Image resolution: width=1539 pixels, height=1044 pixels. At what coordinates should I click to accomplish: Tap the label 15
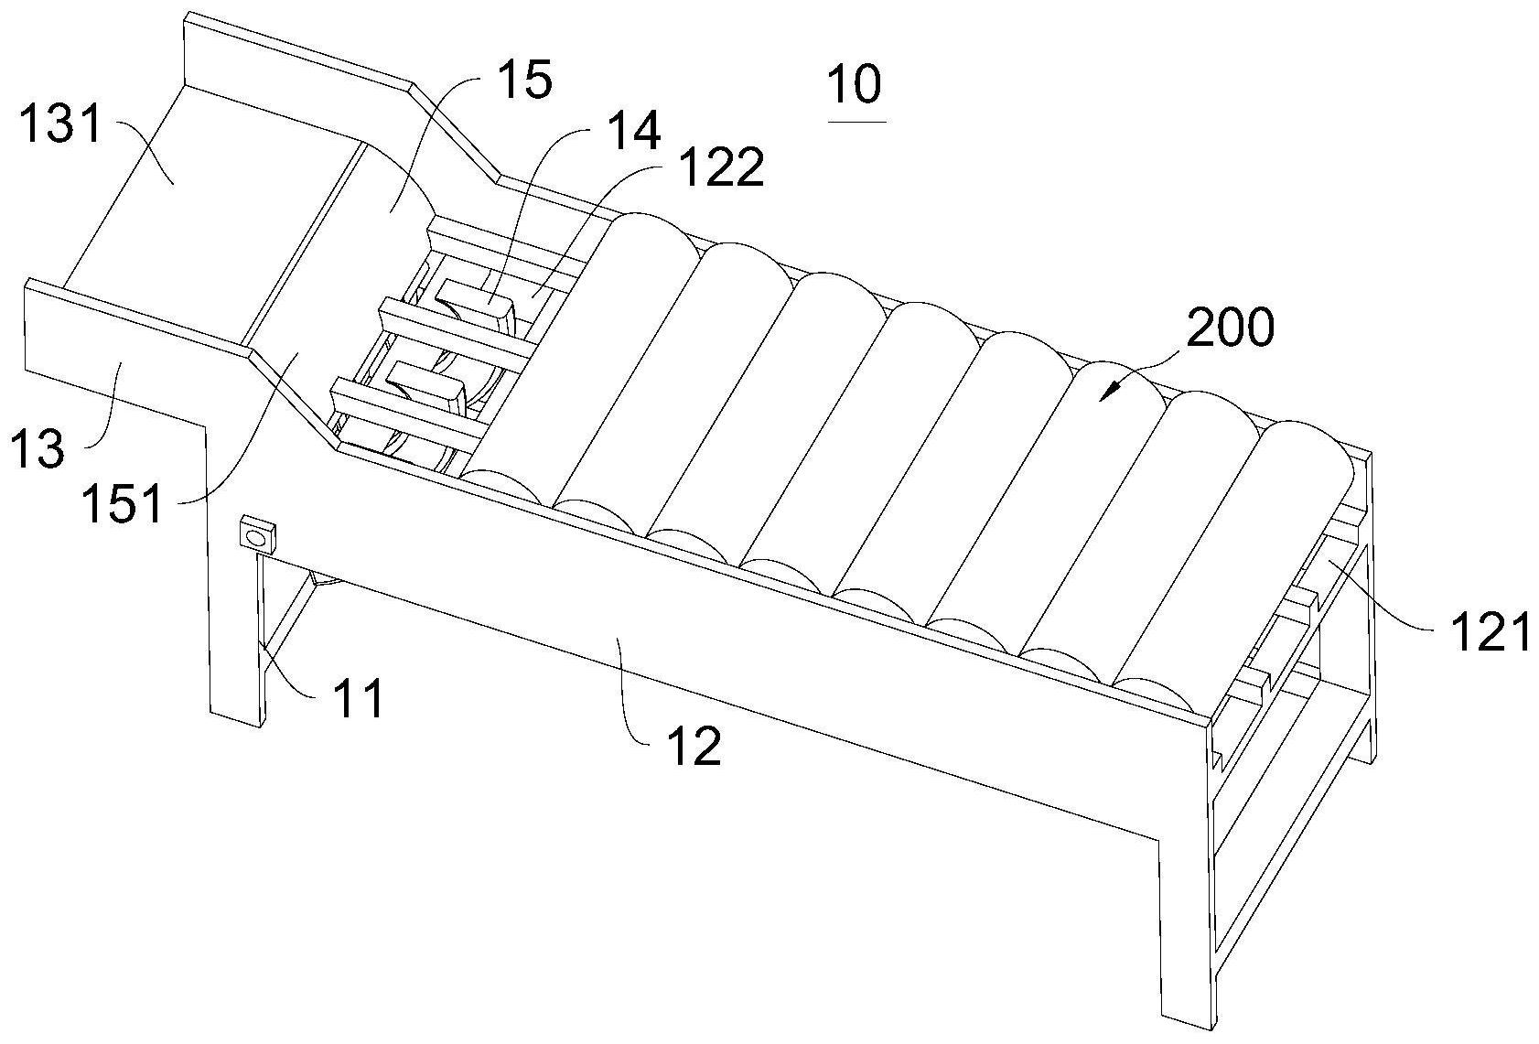point(526,80)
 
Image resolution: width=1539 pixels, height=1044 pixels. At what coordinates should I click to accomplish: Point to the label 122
point(723,167)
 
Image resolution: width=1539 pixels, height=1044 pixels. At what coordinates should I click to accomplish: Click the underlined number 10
point(856,85)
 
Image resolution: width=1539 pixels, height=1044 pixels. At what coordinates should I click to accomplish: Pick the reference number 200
point(1230,328)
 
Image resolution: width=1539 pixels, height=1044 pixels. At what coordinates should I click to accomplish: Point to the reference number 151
point(123,502)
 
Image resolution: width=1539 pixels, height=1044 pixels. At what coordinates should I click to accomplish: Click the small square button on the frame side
point(257,534)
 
